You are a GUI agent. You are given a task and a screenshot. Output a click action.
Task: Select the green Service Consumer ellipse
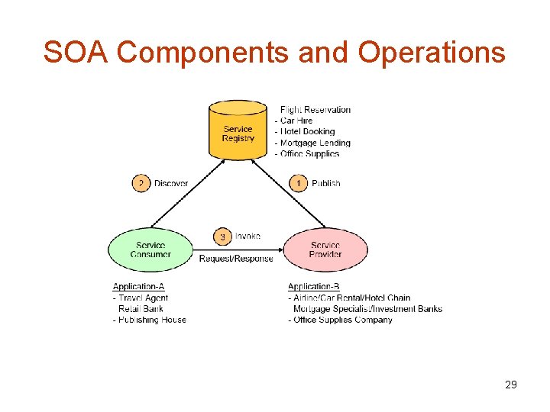[150, 249]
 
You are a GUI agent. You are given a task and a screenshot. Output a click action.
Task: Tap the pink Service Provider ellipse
[325, 249]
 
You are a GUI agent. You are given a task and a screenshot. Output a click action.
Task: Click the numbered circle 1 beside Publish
[299, 183]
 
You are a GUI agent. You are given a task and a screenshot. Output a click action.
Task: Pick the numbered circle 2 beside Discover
[141, 183]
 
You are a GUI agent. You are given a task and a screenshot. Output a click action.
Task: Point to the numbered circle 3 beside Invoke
[222, 237]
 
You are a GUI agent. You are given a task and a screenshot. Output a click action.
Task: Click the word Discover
[171, 183]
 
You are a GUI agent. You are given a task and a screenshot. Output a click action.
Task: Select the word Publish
[326, 183]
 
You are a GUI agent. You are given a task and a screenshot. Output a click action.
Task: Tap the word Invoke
[247, 237]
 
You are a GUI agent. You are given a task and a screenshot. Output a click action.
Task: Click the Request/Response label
[236, 259]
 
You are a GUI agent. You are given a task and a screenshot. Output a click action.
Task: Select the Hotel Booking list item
[307, 131]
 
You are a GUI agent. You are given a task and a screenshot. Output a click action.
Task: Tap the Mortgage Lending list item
[315, 143]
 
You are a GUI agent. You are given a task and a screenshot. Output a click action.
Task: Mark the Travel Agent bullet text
[143, 298]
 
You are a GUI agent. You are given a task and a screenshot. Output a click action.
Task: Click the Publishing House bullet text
[151, 320]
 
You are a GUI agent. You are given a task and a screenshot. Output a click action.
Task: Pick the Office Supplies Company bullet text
[342, 320]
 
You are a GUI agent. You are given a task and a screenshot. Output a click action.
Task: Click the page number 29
[511, 385]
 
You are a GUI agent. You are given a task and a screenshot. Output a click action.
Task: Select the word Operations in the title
[430, 52]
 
